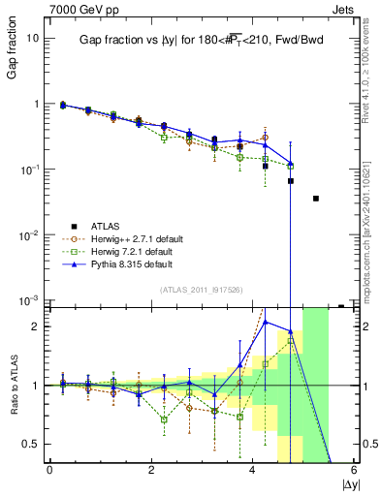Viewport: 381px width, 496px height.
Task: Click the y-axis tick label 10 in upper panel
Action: pyautogui.click(x=32, y=38)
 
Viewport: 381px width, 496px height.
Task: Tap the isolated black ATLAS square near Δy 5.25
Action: pyautogui.click(x=316, y=199)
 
